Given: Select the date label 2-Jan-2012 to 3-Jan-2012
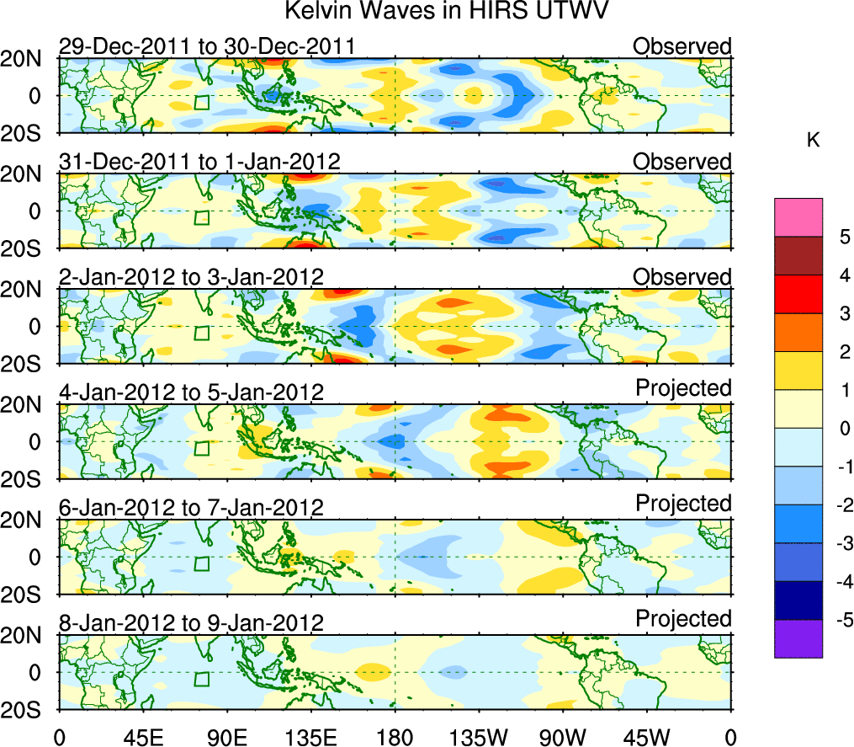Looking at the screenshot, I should click(191, 277).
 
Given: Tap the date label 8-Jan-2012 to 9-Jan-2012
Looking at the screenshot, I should click(191, 623).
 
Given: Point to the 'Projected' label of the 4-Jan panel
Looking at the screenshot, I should click(683, 388).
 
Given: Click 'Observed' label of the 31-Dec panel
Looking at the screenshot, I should click(682, 161).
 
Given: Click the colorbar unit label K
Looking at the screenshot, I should click(813, 141).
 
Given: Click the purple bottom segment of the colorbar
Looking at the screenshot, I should click(798, 638).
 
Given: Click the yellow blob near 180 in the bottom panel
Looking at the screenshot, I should click(372, 671).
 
